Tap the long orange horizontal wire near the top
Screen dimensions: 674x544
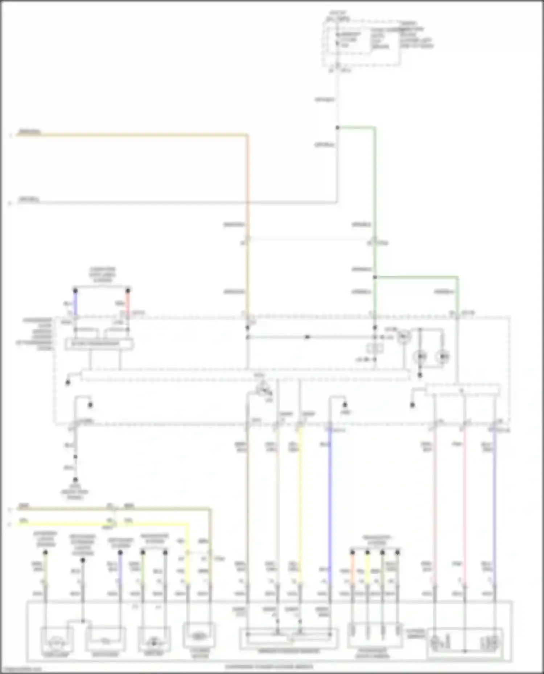point(131,135)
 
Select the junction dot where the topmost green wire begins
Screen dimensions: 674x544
point(337,127)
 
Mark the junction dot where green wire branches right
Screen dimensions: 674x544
point(375,277)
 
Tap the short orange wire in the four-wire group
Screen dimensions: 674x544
point(352,569)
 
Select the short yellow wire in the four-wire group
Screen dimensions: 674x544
point(367,569)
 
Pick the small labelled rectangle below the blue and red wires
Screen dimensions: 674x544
point(99,344)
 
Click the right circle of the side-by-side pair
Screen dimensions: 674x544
point(442,357)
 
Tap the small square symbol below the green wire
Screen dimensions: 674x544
point(375,348)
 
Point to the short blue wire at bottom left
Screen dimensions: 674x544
point(120,569)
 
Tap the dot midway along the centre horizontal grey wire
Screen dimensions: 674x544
point(308,337)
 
